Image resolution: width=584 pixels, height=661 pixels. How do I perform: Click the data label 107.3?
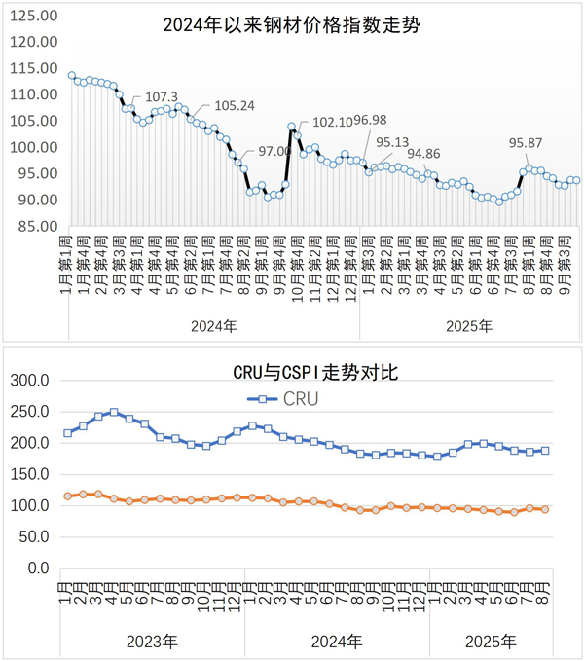(162, 96)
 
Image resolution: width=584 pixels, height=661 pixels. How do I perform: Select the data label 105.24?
(234, 106)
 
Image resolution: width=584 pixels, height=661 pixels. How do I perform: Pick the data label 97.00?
(274, 151)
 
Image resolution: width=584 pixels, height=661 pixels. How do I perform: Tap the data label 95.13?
(392, 142)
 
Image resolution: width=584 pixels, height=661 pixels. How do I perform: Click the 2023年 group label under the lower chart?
(152, 642)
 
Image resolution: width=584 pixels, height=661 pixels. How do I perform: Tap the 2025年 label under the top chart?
(470, 325)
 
